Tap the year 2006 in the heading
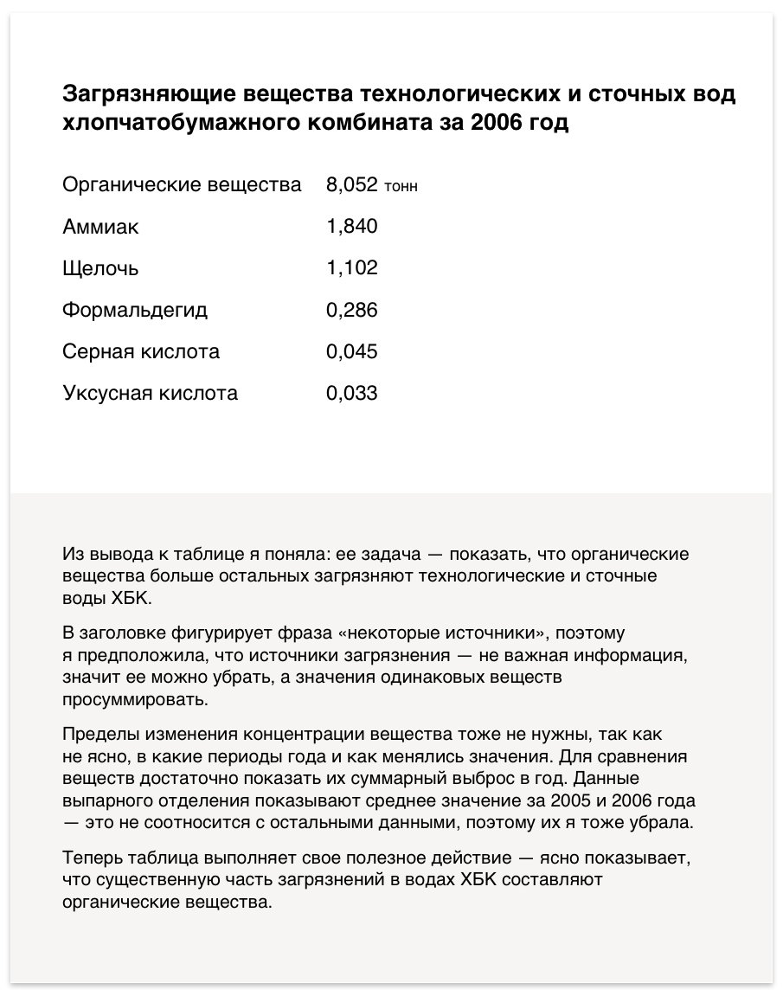497,123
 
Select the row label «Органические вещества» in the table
182,185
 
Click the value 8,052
352,185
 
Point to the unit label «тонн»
401,187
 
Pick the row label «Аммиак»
100,227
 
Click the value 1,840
352,227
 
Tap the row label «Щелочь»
100,268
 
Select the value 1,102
352,268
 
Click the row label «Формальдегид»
135,310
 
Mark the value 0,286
352,310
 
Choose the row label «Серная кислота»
141,351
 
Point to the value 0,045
352,351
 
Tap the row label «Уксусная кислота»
150,393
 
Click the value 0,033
352,393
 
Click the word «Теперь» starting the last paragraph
92,859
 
